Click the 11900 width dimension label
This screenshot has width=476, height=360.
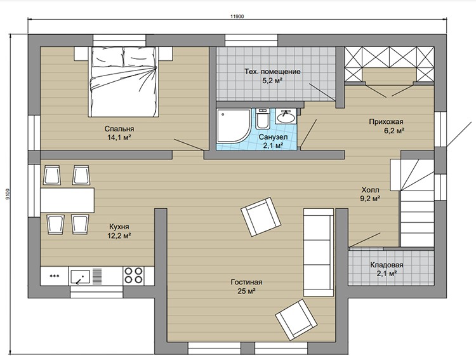(x=237, y=17)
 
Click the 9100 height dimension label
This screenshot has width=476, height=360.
(x=8, y=194)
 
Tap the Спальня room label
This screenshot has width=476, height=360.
(x=119, y=129)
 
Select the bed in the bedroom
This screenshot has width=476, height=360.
(x=123, y=82)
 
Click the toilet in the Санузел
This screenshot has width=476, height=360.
(x=262, y=119)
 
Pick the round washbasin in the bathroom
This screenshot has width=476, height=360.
(x=286, y=116)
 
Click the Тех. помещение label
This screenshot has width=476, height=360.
(x=273, y=72)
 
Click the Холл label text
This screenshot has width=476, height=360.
(x=370, y=190)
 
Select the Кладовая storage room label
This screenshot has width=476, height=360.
(x=387, y=265)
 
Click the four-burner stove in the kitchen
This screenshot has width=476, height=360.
(x=133, y=276)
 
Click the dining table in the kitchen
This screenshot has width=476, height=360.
(x=67, y=200)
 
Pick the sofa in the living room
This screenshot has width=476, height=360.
(x=319, y=252)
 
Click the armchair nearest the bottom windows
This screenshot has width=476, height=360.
(x=296, y=319)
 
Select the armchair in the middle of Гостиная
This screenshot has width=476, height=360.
(x=261, y=217)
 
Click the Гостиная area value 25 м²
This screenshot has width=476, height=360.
(x=246, y=291)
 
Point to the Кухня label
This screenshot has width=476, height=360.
(x=119, y=227)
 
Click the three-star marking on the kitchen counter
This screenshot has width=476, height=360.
(x=55, y=276)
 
